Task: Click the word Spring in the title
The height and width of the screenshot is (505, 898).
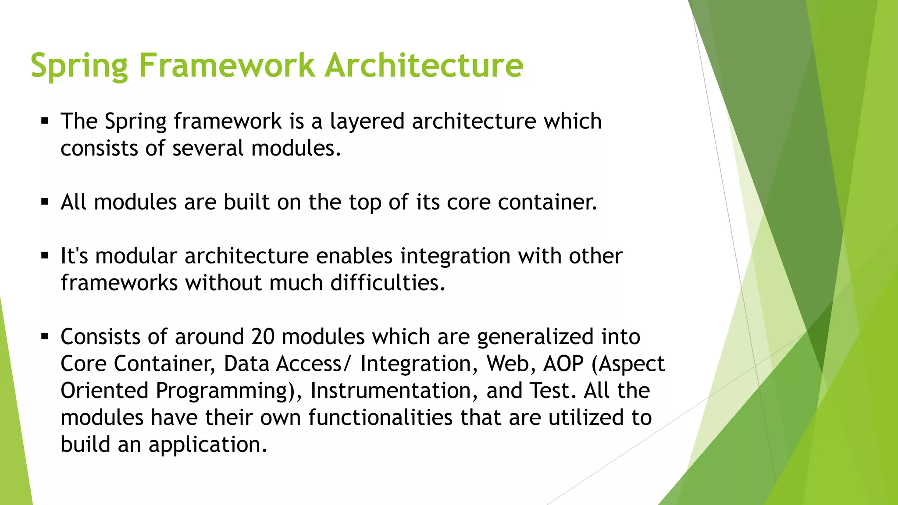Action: pos(79,66)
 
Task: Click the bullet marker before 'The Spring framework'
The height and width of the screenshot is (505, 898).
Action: pos(44,121)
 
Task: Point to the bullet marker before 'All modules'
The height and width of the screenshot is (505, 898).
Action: pos(44,202)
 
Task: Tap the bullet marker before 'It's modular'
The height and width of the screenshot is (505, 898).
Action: pos(44,256)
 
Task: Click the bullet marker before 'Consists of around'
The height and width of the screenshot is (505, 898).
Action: pos(44,337)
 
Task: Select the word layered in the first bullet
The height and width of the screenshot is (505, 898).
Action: pos(367,121)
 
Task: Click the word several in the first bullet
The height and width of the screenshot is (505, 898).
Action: pos(208,148)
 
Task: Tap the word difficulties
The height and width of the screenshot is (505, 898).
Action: pos(387,283)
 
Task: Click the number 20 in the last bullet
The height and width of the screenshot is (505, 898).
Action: pos(263,337)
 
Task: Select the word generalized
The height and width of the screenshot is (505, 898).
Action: pos(535,337)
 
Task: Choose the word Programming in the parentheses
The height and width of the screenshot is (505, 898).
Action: pos(225,391)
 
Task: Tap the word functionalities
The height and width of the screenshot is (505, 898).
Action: pos(380,417)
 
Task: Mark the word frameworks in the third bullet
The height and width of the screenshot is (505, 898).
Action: pos(119,283)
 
